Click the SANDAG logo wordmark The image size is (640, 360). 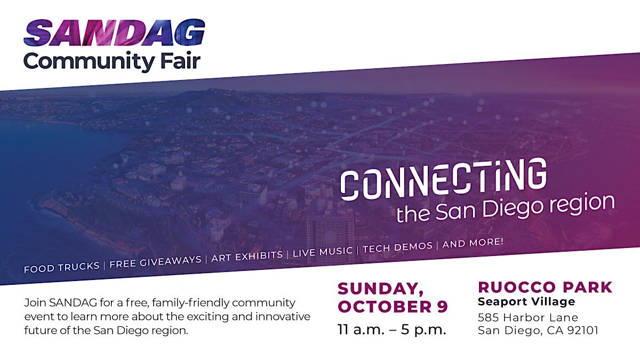[114, 33]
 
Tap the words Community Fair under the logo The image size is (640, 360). [112, 60]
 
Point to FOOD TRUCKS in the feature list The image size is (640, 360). [62, 267]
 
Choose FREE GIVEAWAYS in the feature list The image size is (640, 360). [155, 261]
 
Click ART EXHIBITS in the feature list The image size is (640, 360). [247, 255]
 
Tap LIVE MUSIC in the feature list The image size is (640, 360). [323, 251]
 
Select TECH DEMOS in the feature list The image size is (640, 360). [397, 246]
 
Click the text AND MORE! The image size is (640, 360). [473, 242]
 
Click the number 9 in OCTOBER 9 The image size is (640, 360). [442, 307]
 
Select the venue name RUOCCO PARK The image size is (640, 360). [545, 287]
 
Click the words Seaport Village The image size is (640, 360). [526, 302]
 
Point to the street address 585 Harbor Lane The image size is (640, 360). [528, 318]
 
